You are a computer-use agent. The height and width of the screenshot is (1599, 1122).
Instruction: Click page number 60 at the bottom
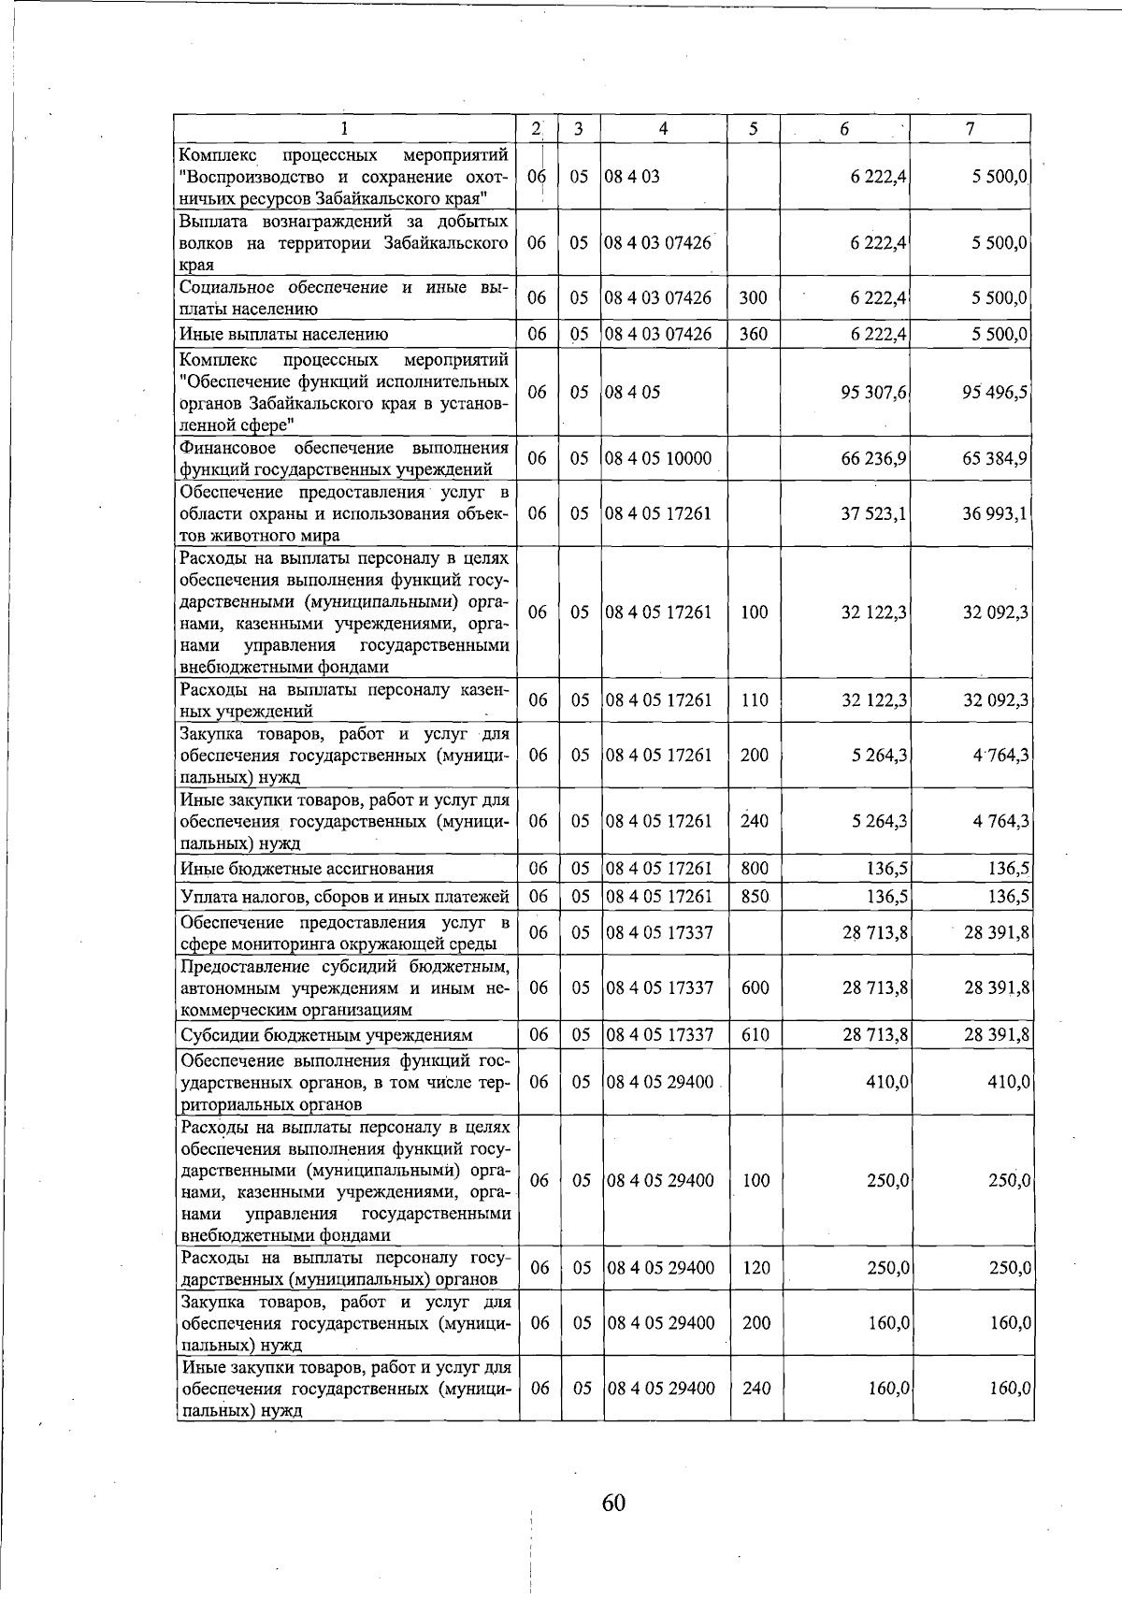[x=613, y=1503]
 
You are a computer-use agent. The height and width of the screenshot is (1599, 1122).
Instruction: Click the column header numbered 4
[x=663, y=130]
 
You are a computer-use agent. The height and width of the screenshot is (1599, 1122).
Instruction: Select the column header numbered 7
[x=971, y=130]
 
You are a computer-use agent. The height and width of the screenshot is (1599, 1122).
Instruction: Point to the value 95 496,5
[x=996, y=392]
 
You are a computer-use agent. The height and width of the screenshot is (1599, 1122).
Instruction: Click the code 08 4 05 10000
[x=659, y=458]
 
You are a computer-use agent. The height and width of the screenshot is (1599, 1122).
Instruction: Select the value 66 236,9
[x=875, y=458]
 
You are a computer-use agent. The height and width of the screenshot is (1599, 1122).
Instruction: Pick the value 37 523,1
[x=875, y=513]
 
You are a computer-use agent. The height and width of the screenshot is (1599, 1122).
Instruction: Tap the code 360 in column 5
[x=753, y=334]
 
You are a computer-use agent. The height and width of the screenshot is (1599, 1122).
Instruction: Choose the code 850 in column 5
[x=754, y=897]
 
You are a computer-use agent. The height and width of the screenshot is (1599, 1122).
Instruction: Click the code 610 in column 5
[x=754, y=1035]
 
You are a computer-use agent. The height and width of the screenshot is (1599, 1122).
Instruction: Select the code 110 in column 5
[x=754, y=700]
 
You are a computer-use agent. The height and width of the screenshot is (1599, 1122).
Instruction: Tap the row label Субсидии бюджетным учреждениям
[x=326, y=1035]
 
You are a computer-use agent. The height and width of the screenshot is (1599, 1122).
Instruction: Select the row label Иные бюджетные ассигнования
[x=307, y=869]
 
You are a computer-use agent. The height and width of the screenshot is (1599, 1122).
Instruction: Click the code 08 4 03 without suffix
[x=633, y=176]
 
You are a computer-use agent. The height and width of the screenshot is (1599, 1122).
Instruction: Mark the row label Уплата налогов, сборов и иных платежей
[x=344, y=897]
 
